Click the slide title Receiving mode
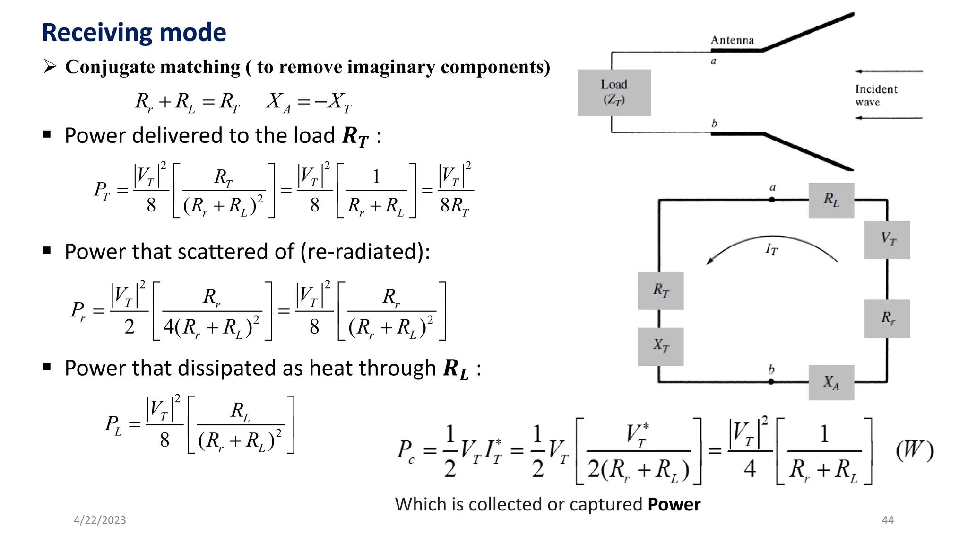pyautogui.click(x=134, y=33)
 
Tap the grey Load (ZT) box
pyautogui.click(x=614, y=93)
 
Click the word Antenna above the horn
pyautogui.click(x=732, y=40)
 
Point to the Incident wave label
pyautogui.click(x=876, y=96)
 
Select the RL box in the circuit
pyautogui.click(x=831, y=200)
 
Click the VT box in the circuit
pyautogui.click(x=887, y=240)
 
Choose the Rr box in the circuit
pyautogui.click(x=887, y=318)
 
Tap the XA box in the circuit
pyautogui.click(x=831, y=382)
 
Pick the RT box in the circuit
pyautogui.click(x=660, y=290)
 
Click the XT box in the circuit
pyautogui.click(x=660, y=346)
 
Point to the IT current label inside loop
pyautogui.click(x=771, y=249)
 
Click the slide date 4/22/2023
pyautogui.click(x=100, y=520)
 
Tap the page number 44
pyautogui.click(x=888, y=520)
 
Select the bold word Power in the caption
pyautogui.click(x=674, y=505)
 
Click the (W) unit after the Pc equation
pyautogui.click(x=915, y=450)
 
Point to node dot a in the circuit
pyautogui.click(x=772, y=200)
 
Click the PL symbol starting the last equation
pyautogui.click(x=113, y=424)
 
